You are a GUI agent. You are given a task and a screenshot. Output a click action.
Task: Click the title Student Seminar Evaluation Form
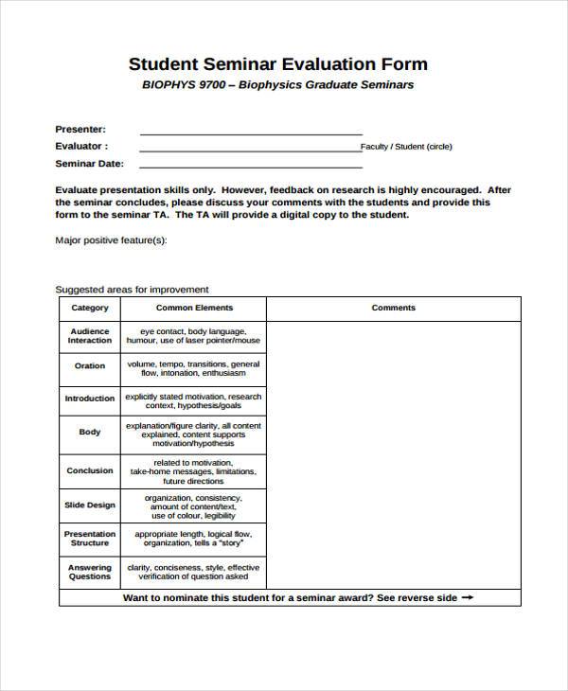click(277, 64)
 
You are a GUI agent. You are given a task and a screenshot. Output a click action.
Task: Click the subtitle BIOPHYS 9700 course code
click(185, 85)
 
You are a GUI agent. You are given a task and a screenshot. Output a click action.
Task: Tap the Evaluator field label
click(81, 146)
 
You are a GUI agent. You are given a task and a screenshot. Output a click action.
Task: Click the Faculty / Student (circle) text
click(406, 147)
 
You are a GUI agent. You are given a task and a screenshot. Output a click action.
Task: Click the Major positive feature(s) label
click(111, 240)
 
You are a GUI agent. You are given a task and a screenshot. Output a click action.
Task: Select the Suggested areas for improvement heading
click(132, 290)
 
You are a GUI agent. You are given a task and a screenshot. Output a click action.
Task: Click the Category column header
click(90, 308)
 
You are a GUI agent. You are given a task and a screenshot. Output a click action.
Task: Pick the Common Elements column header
click(194, 308)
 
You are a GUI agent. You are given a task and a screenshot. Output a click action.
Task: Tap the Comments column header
click(393, 308)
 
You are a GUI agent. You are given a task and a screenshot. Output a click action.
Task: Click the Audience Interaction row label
click(90, 336)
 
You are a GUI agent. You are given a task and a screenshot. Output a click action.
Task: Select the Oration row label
click(90, 365)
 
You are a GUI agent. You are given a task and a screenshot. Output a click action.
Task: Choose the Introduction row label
click(90, 399)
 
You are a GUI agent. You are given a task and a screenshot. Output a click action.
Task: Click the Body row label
click(90, 432)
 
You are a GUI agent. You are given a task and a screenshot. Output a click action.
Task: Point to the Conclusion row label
click(90, 470)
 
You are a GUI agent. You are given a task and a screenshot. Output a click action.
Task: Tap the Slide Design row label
click(90, 505)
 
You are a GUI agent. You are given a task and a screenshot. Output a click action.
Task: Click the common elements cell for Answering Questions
click(194, 572)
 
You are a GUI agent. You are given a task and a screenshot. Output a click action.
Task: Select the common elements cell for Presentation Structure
click(194, 539)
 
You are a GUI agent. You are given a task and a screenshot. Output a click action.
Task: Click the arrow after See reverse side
click(467, 597)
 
